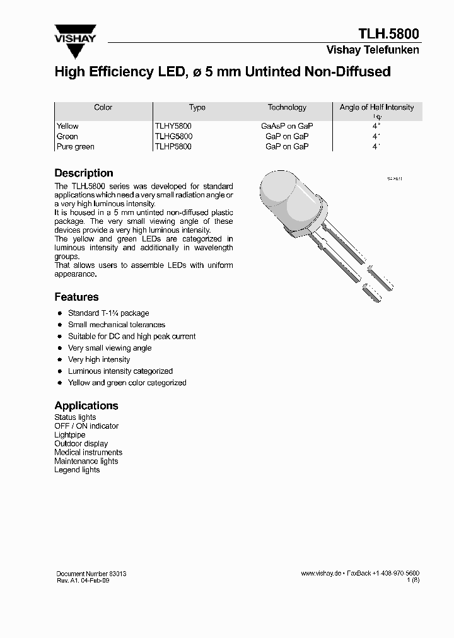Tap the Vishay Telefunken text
click(x=372, y=50)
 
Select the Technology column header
click(x=287, y=108)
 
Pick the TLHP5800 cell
click(x=173, y=146)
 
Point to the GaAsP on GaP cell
click(x=287, y=126)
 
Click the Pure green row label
click(x=75, y=146)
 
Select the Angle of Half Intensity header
click(x=376, y=108)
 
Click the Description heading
click(x=84, y=173)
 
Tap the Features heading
click(x=76, y=296)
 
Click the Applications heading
click(x=86, y=405)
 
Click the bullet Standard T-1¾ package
click(x=108, y=313)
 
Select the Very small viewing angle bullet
click(x=110, y=348)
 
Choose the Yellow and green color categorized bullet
click(x=127, y=383)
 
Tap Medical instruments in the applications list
click(x=88, y=452)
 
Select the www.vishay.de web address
click(x=321, y=574)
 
